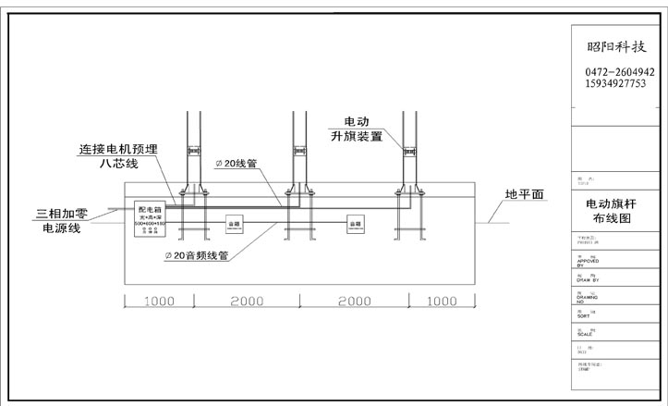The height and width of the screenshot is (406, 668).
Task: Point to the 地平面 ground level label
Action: [524, 195]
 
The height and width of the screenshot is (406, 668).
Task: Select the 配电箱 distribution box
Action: [150, 220]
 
